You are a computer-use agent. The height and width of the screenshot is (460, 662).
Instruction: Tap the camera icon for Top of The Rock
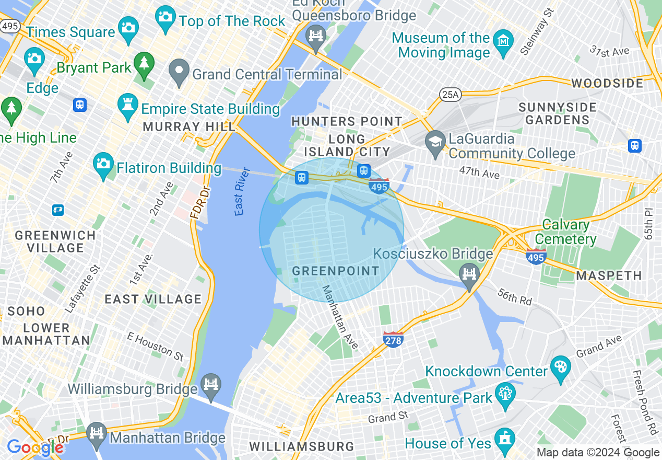165,15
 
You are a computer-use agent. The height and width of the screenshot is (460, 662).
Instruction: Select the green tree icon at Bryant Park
144,63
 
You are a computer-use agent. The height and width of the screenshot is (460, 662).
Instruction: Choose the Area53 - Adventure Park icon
505,392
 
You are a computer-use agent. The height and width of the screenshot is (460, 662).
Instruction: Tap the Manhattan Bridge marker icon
96,433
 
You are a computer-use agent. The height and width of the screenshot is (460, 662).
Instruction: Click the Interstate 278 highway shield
393,340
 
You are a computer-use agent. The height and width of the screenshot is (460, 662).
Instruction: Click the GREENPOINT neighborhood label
336,271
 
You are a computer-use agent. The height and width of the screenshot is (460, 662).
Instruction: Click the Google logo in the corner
35,448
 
